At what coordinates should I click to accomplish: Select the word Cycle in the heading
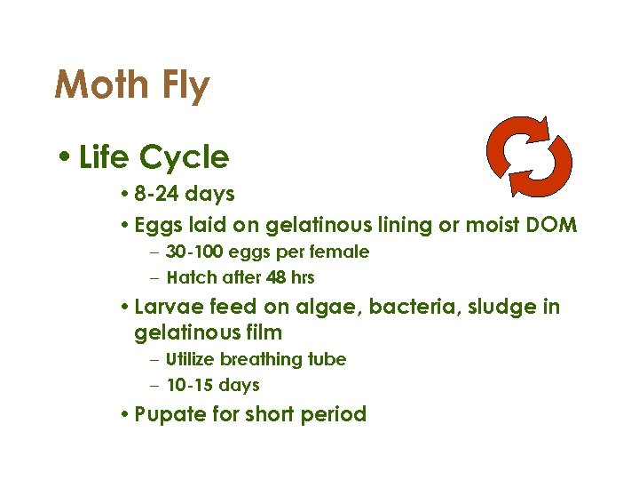tap(190, 157)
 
